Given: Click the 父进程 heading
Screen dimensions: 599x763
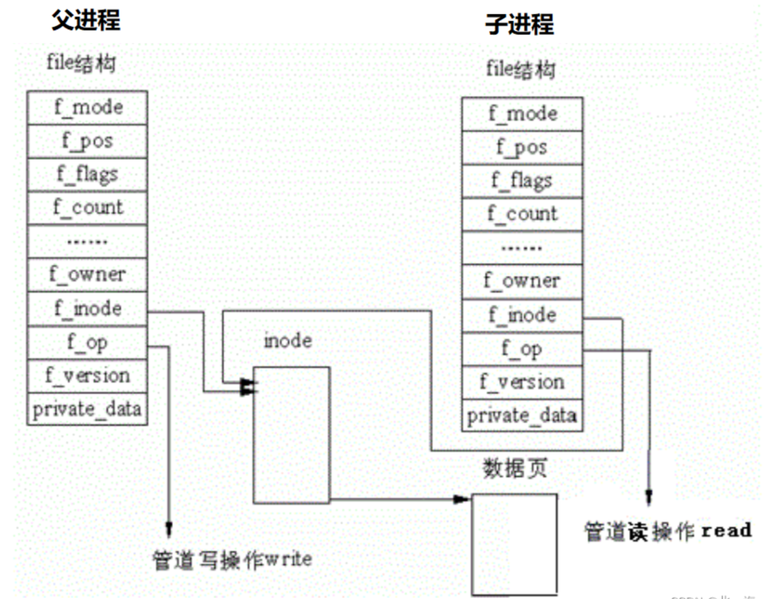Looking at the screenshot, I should tap(86, 21).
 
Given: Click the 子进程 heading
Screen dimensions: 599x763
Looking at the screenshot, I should tap(520, 24).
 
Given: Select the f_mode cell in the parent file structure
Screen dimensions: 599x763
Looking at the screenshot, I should tap(87, 107).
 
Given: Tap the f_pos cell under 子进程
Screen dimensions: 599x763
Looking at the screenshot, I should tap(522, 148).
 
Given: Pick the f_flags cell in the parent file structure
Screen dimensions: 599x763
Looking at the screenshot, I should tap(87, 174).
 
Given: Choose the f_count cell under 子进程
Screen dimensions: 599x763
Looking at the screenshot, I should tap(522, 214).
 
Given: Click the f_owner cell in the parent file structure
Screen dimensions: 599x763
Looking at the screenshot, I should tap(87, 275).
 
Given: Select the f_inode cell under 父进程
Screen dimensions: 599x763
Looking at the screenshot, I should tap(87, 309).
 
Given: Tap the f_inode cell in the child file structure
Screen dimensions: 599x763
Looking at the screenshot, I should tap(522, 315).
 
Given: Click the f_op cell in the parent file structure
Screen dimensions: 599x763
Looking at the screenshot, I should tap(87, 342).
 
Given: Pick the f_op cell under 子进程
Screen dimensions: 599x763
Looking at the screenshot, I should tap(522, 349).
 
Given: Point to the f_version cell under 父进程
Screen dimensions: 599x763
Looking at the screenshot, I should tap(87, 375).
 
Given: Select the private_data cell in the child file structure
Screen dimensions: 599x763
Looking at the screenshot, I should tap(522, 415).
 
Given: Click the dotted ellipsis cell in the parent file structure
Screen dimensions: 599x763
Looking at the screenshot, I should tap(87, 241).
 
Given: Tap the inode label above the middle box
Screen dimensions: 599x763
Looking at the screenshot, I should tap(287, 341).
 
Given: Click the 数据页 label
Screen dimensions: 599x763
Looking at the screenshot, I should tap(514, 468).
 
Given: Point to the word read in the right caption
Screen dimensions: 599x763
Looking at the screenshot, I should tap(726, 531).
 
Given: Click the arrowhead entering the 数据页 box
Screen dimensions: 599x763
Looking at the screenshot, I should tap(461, 500).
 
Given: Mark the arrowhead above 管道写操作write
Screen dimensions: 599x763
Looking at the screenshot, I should tap(169, 529).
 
